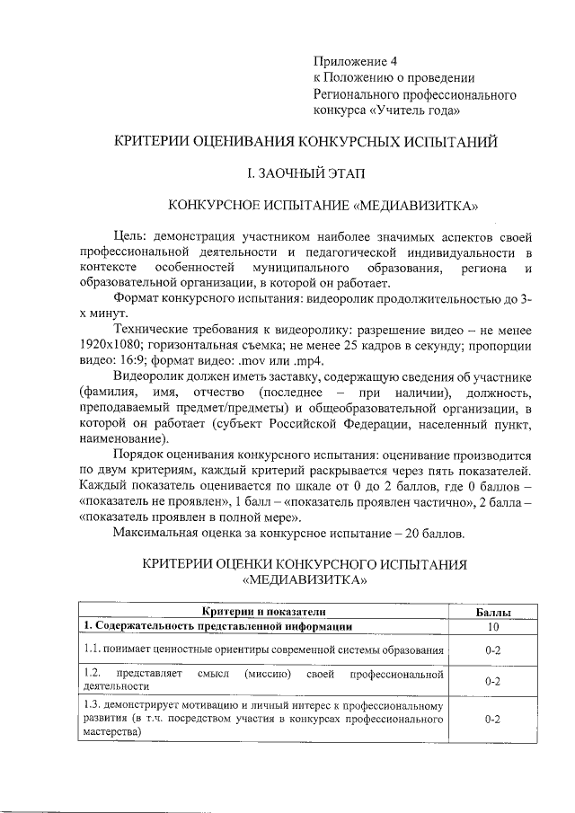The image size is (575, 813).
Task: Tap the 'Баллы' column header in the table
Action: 492,612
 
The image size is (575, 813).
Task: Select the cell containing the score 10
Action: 492,626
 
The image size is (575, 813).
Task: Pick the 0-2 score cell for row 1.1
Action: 492,649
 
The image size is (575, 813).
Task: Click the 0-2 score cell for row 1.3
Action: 492,720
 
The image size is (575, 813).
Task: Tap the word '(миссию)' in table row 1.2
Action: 267,672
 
